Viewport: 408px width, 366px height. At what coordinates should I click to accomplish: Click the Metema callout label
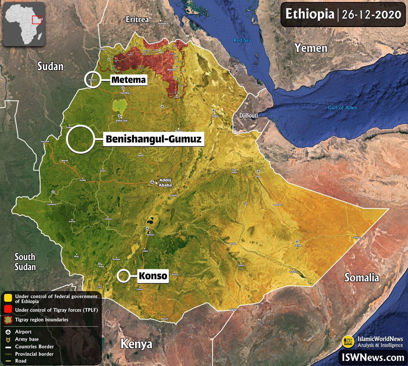[129, 80]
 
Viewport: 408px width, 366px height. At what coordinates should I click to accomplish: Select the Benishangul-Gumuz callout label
[154, 139]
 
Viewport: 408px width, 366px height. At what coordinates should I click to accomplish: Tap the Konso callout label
[153, 276]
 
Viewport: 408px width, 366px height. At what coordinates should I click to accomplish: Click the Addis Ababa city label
[165, 182]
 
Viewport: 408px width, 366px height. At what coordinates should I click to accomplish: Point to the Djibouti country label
[249, 116]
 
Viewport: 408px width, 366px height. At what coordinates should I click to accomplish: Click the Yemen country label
[311, 48]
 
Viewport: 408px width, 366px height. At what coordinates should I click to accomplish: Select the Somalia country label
[362, 278]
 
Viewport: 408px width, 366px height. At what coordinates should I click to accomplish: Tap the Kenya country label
[136, 344]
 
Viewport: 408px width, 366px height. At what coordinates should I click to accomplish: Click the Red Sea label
[242, 40]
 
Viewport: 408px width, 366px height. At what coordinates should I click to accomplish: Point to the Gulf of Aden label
[342, 108]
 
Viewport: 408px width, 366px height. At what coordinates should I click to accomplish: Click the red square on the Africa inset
[37, 20]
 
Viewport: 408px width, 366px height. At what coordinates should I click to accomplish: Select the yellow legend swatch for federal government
[8, 298]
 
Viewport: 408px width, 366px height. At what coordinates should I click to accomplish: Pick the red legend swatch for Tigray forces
[8, 310]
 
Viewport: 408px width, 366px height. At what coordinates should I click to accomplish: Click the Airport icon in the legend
[8, 332]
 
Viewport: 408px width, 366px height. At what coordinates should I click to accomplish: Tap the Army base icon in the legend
[8, 339]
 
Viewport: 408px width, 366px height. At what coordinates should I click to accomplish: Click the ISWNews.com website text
[373, 358]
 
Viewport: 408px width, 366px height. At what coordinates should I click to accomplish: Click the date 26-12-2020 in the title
[371, 14]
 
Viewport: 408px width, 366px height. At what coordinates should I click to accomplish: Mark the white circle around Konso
[123, 276]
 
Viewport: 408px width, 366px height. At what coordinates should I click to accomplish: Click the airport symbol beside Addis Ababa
[152, 182]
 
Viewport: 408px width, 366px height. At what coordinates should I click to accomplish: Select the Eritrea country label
[137, 19]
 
